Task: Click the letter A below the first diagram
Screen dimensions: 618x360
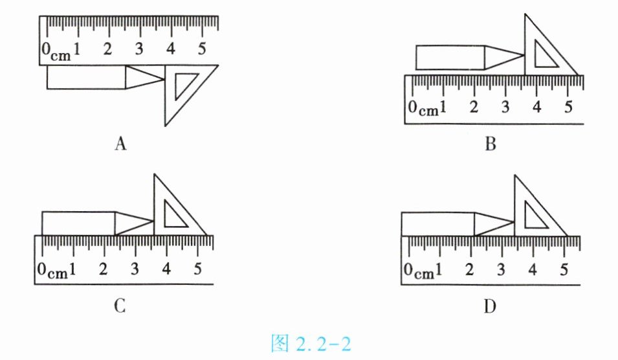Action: pos(120,143)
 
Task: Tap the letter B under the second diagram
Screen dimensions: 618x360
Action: pos(491,144)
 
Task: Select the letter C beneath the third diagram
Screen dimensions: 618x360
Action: pos(120,306)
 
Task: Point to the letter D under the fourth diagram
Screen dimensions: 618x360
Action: pos(490,306)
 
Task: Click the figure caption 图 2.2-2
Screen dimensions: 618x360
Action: pos(311,343)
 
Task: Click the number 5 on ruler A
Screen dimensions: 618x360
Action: pos(201,49)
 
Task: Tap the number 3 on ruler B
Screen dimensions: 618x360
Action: pos(505,107)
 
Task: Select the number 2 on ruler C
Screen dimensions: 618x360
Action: pos(103,269)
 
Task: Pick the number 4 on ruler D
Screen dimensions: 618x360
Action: pos(533,269)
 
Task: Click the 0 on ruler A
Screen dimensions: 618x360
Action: pos(46,49)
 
